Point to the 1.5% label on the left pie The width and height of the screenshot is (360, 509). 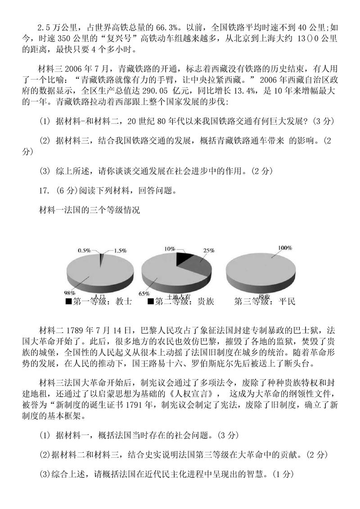[x=119, y=250]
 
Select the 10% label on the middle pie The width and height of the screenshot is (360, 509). [x=169, y=248]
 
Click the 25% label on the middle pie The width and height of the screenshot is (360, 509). [x=209, y=250]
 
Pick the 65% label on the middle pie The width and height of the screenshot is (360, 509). [x=144, y=294]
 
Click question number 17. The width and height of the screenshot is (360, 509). [x=44, y=190]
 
